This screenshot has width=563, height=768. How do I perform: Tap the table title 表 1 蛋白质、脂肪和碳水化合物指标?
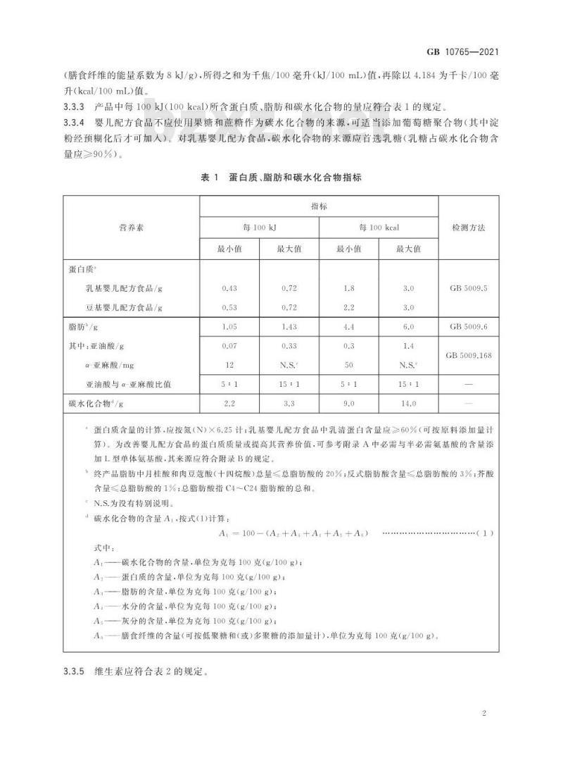click(x=281, y=178)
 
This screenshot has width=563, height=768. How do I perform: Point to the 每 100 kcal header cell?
click(x=379, y=228)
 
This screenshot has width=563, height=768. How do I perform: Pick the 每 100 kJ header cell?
click(x=260, y=228)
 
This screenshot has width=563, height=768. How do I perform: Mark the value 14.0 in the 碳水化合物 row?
click(x=408, y=404)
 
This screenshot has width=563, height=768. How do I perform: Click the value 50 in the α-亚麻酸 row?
click(x=349, y=365)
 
